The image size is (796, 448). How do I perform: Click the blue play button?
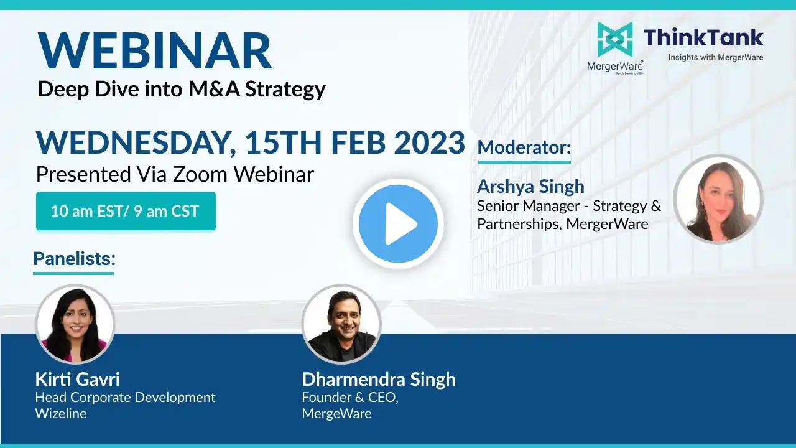tap(398, 223)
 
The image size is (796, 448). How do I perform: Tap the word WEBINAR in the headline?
tap(155, 50)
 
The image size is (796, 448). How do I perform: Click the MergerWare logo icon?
tap(615, 39)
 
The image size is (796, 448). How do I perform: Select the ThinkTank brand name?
tap(703, 38)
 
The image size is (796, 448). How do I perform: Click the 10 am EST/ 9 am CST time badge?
tap(126, 211)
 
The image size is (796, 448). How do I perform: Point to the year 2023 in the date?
tap(429, 142)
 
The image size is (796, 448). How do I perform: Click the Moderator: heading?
tap(524, 147)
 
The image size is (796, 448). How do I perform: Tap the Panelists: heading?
tap(74, 258)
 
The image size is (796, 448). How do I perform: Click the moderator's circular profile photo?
tap(718, 199)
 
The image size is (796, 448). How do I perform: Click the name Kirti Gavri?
tap(78, 379)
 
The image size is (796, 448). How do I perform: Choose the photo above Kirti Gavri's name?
tap(75, 324)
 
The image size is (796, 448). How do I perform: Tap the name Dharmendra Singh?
tap(379, 380)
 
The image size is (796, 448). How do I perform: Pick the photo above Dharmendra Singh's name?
tap(341, 324)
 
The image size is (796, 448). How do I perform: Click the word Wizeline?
tap(61, 414)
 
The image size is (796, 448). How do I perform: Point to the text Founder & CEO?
tap(350, 398)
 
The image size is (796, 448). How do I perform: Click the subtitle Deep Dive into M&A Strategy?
tap(182, 89)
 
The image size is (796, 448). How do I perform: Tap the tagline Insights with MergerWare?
tap(716, 57)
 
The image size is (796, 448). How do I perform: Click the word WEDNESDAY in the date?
tap(136, 143)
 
